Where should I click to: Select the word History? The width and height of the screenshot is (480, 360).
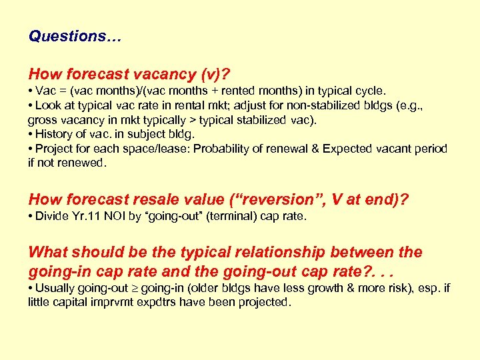(x=54, y=134)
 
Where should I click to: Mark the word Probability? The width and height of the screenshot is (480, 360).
(x=221, y=149)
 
